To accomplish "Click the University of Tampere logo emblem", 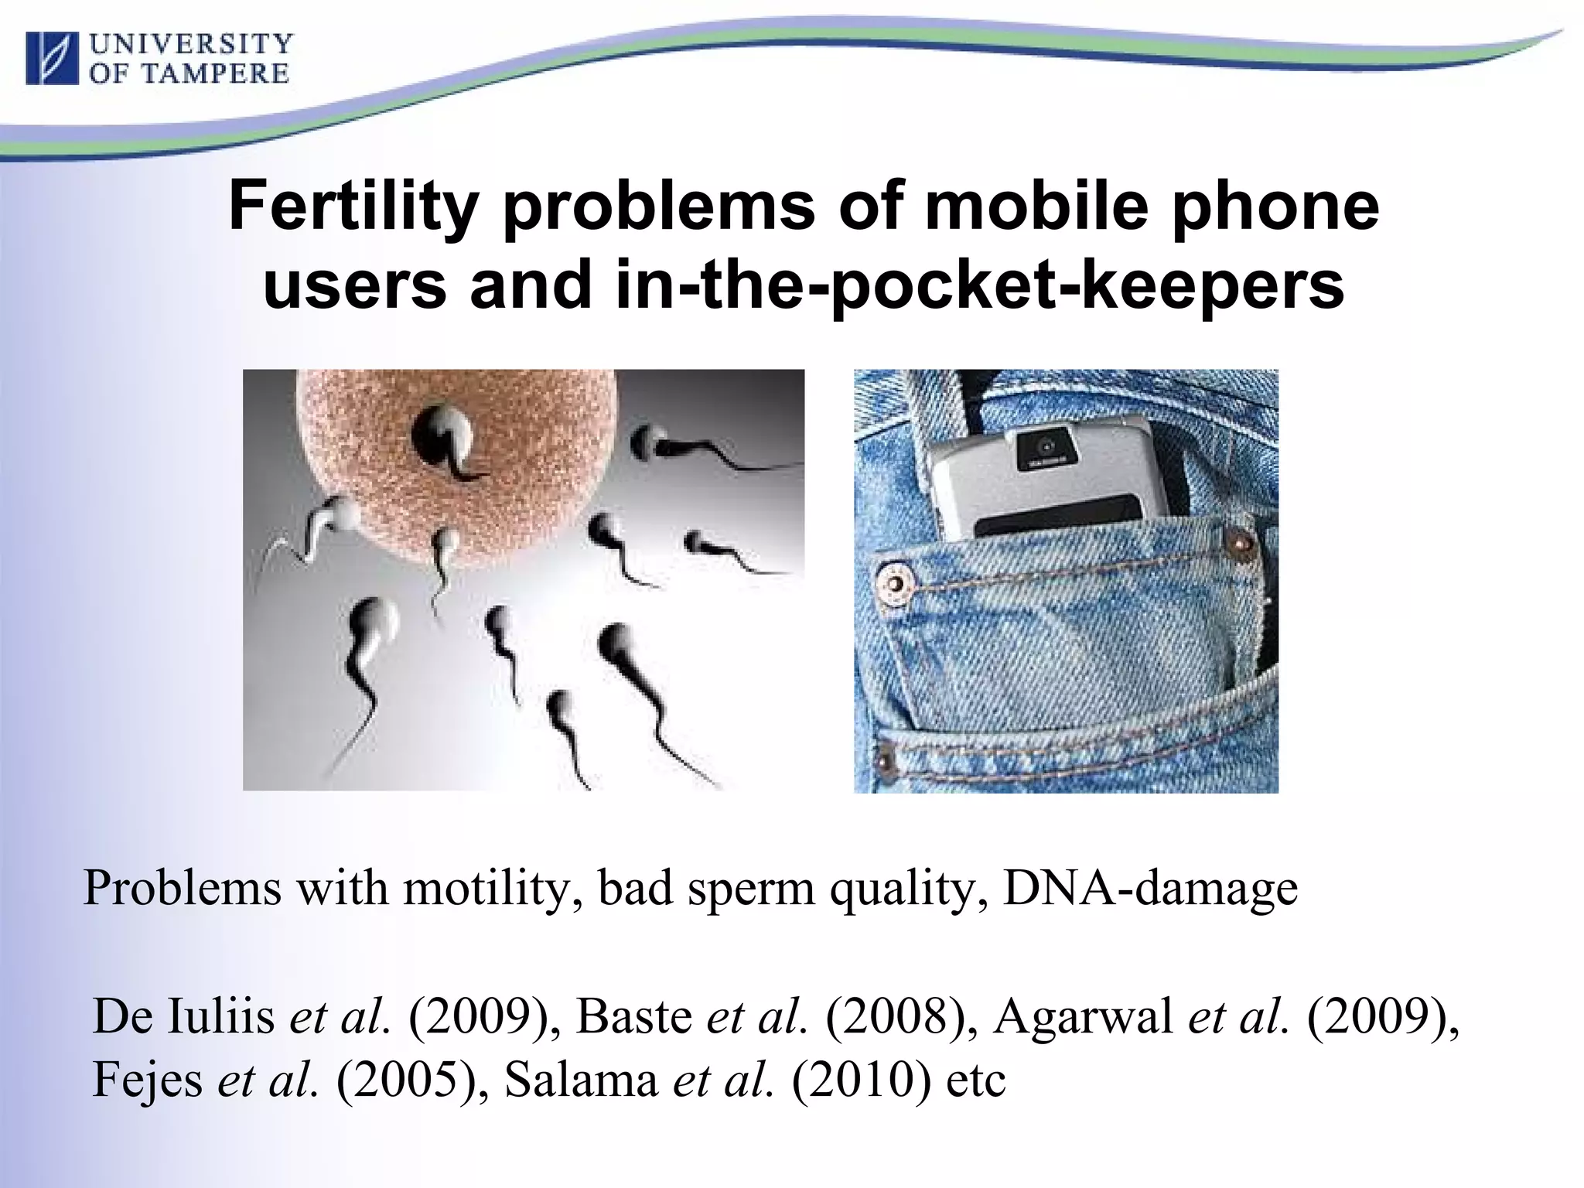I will click(x=53, y=58).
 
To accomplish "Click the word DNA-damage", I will click(x=1149, y=889).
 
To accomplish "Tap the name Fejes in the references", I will click(x=147, y=1080).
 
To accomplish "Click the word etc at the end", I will click(x=976, y=1080).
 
